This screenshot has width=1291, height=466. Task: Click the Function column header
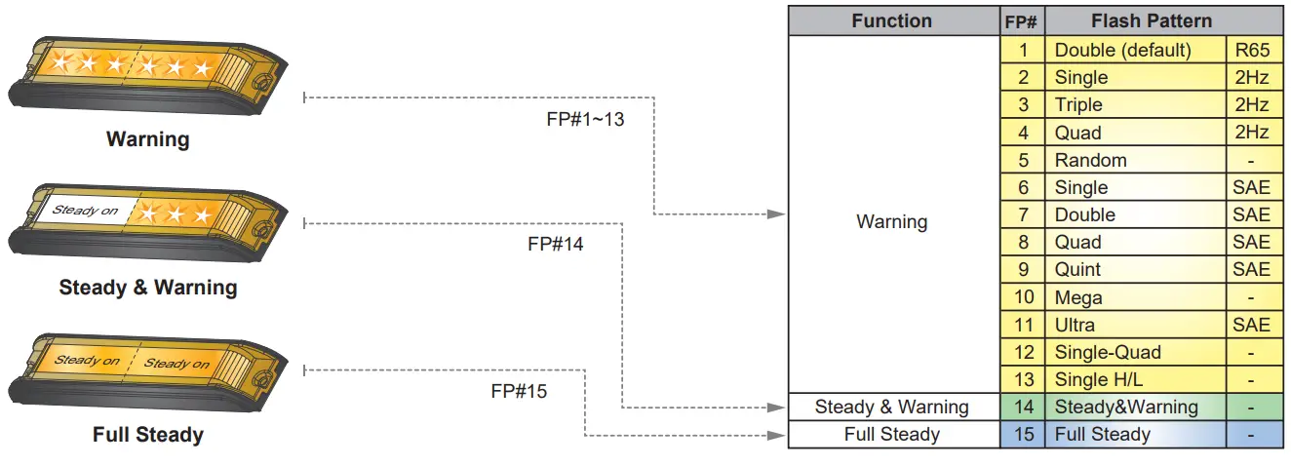point(892,21)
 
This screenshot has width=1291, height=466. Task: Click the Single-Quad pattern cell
point(1108,352)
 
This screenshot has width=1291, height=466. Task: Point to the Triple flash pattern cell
point(1078,105)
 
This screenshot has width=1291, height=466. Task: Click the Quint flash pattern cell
point(1077,270)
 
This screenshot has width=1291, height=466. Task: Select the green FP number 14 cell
point(1023,408)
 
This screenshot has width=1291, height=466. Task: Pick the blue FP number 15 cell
point(1023,435)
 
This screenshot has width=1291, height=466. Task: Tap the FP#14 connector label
point(555,245)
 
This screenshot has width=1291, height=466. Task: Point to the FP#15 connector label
point(519,392)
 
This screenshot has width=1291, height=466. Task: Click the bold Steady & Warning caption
point(148,288)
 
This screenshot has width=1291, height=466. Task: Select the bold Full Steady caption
point(148,435)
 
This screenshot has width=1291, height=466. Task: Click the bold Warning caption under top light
point(148,139)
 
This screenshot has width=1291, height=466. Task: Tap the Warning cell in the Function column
point(892,222)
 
